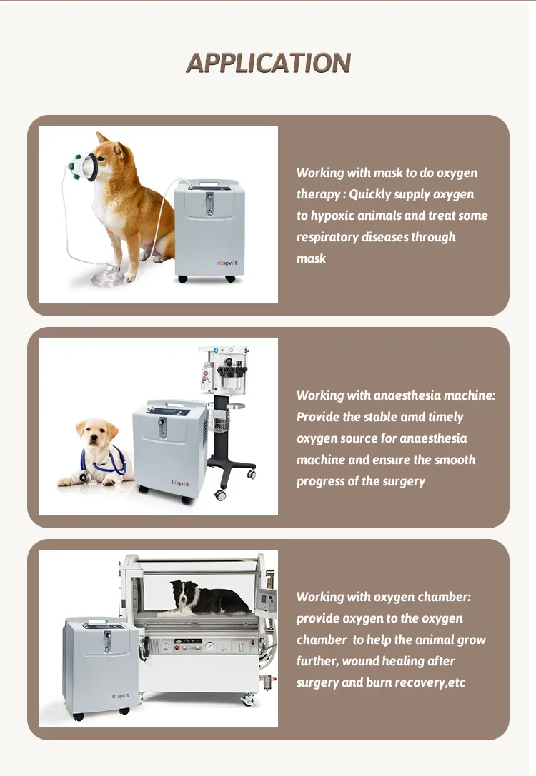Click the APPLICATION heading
pyautogui.click(x=268, y=63)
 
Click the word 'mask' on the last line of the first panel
pyautogui.click(x=311, y=258)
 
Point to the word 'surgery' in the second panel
pyautogui.click(x=404, y=481)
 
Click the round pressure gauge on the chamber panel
pyautogui.click(x=212, y=645)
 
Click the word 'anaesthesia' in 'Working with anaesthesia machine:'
pyautogui.click(x=402, y=395)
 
